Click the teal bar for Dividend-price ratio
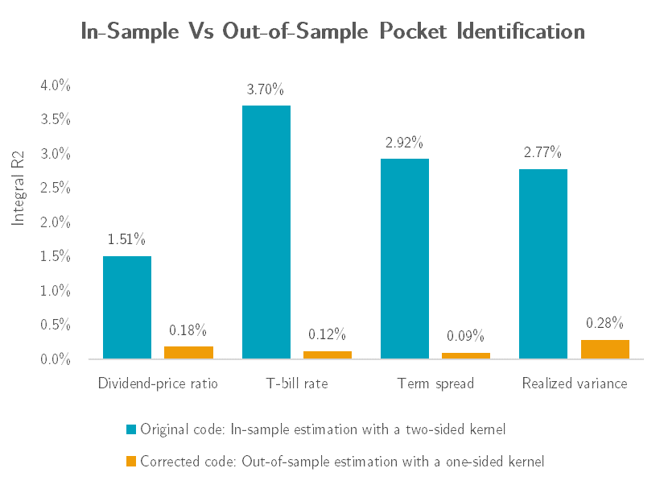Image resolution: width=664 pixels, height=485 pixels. pos(127,307)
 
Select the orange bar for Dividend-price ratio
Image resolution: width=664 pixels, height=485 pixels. pos(188,353)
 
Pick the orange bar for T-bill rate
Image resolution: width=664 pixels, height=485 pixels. pos(327,354)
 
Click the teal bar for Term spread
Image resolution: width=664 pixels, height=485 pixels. pos(405,259)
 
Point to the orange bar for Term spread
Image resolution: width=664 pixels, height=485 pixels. pos(465,355)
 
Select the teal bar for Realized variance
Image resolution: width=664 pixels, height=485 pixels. pos(543,263)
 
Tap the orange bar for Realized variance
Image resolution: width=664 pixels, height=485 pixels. pos(604,350)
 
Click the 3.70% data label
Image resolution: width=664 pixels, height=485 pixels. pos(266,89)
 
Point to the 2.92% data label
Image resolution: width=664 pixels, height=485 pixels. pos(405,143)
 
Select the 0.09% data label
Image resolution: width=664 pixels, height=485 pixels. pos(465,337)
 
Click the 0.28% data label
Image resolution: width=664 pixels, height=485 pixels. pos(604,323)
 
